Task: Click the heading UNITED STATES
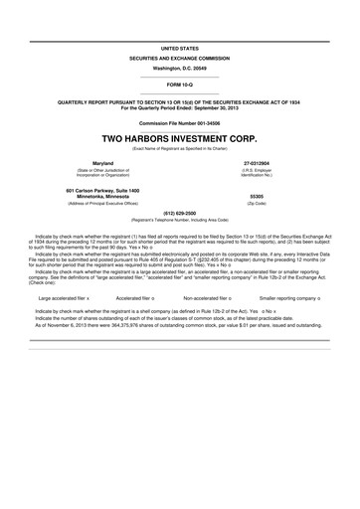coord(179,47)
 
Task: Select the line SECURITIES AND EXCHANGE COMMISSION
coord(179,59)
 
